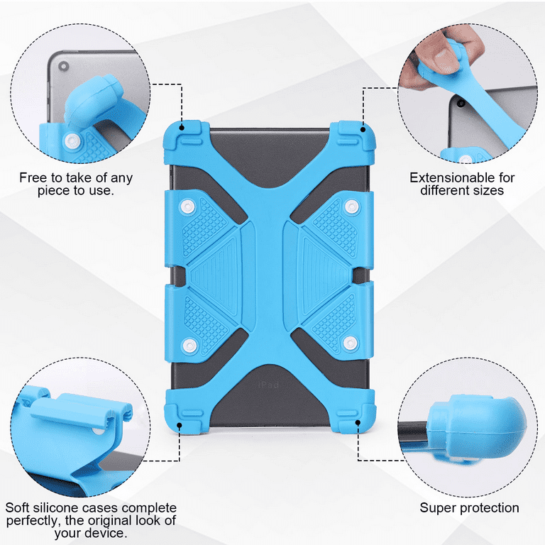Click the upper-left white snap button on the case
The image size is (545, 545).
click(x=188, y=207)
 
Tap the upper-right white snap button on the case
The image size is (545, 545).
click(x=351, y=207)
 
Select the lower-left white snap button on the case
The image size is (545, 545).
click(x=189, y=345)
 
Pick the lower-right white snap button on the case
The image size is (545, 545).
click(x=351, y=343)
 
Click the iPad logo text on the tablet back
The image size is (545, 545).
click(x=268, y=385)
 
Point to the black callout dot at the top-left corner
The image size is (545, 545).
click(x=182, y=128)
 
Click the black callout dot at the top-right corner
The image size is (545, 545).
click(x=363, y=130)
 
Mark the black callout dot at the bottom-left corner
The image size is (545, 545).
click(x=180, y=425)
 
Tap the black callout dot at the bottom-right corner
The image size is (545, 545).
click(x=358, y=422)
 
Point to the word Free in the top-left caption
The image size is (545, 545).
click(x=33, y=177)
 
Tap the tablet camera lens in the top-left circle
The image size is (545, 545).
click(x=64, y=66)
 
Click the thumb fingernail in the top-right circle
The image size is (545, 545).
click(x=441, y=55)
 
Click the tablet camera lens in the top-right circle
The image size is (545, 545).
click(x=461, y=103)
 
